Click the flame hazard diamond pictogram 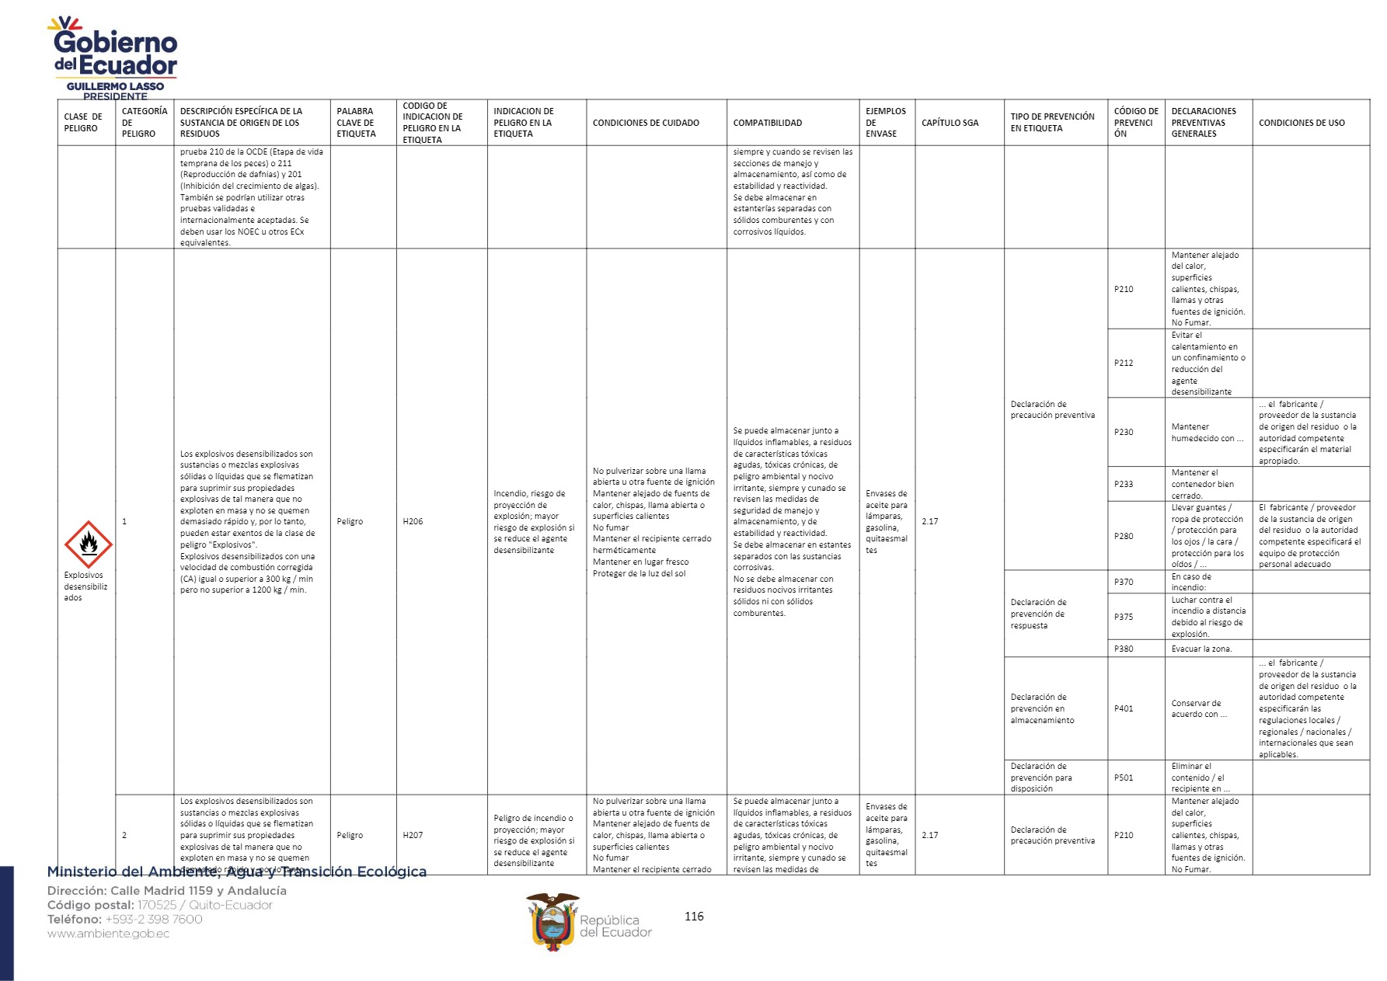pyautogui.click(x=88, y=544)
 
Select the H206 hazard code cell pyautogui.click(x=413, y=521)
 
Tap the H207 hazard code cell pyautogui.click(x=413, y=835)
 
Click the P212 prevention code pyautogui.click(x=1124, y=363)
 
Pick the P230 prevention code pyautogui.click(x=1124, y=432)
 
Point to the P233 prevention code pyautogui.click(x=1124, y=484)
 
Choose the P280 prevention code pyautogui.click(x=1124, y=536)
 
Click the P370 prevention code pyautogui.click(x=1124, y=582)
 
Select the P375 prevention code pyautogui.click(x=1124, y=617)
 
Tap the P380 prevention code pyautogui.click(x=1124, y=649)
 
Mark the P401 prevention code pyautogui.click(x=1124, y=708)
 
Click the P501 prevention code pyautogui.click(x=1124, y=777)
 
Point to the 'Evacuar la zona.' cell pyautogui.click(x=1201, y=649)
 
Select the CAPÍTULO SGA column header pyautogui.click(x=950, y=123)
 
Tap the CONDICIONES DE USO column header pyautogui.click(x=1302, y=123)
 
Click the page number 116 pyautogui.click(x=694, y=917)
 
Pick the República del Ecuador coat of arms pyautogui.click(x=552, y=922)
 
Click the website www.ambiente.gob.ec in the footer pyautogui.click(x=108, y=934)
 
